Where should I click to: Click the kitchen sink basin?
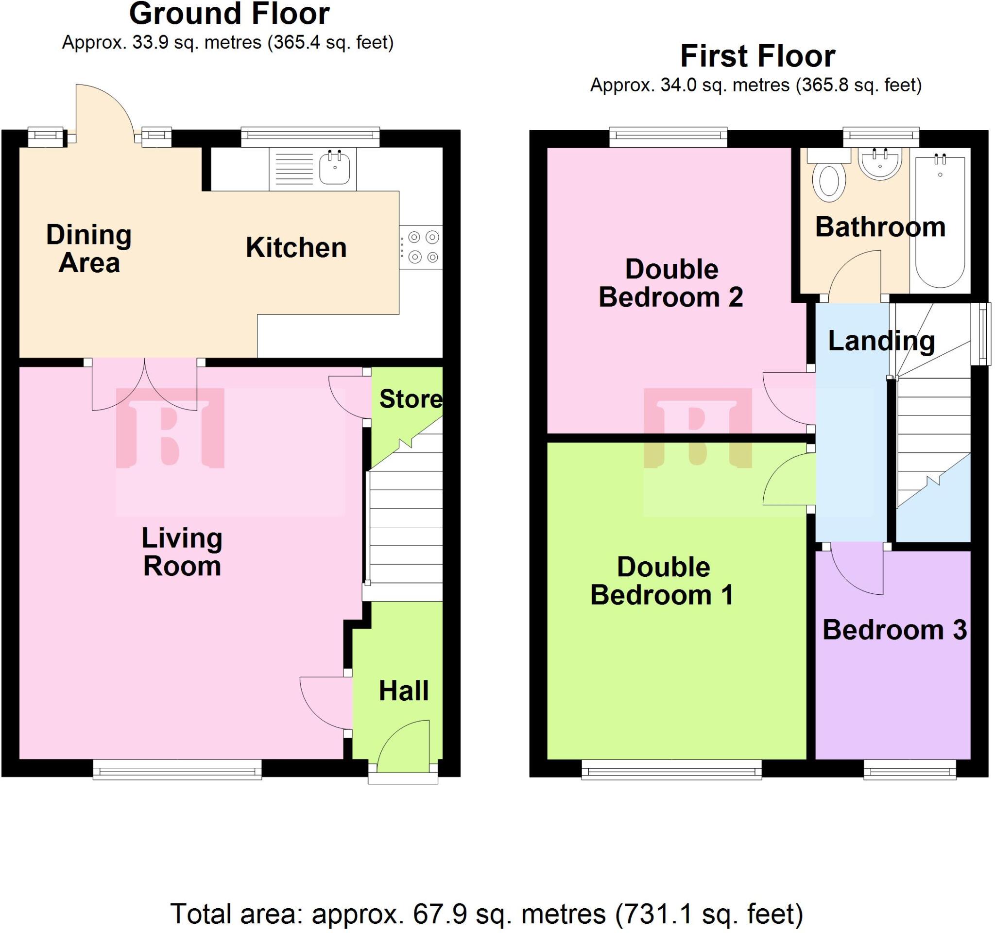(x=334, y=168)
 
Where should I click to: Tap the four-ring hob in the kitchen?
(x=421, y=247)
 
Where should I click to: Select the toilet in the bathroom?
(x=829, y=180)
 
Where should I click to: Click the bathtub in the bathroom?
(x=940, y=220)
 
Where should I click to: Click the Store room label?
(x=411, y=399)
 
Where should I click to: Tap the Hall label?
(x=403, y=691)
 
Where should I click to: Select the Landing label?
(x=881, y=341)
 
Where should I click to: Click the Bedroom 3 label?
(x=894, y=630)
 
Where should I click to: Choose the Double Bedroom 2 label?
(x=670, y=283)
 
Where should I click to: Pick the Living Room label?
(x=182, y=552)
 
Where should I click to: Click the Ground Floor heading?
(x=229, y=14)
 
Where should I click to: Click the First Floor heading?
(x=757, y=56)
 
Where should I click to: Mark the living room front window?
(x=177, y=769)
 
